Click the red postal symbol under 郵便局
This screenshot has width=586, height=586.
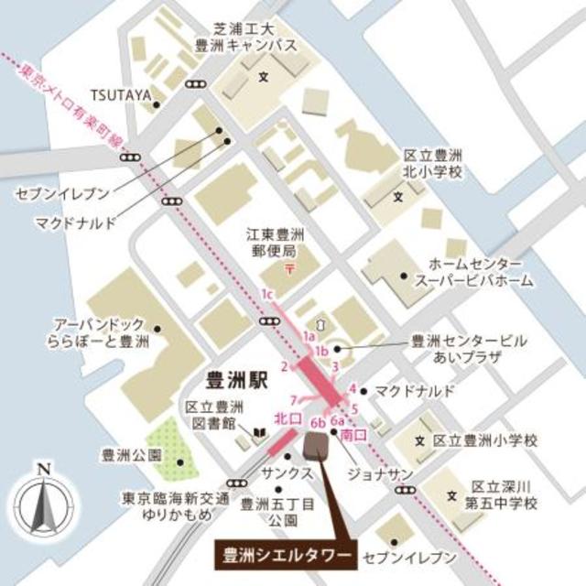click(288, 268)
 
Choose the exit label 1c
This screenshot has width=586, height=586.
click(268, 294)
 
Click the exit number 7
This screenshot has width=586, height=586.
click(292, 399)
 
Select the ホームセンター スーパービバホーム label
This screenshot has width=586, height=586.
click(474, 272)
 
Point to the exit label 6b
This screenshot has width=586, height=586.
click(318, 422)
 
